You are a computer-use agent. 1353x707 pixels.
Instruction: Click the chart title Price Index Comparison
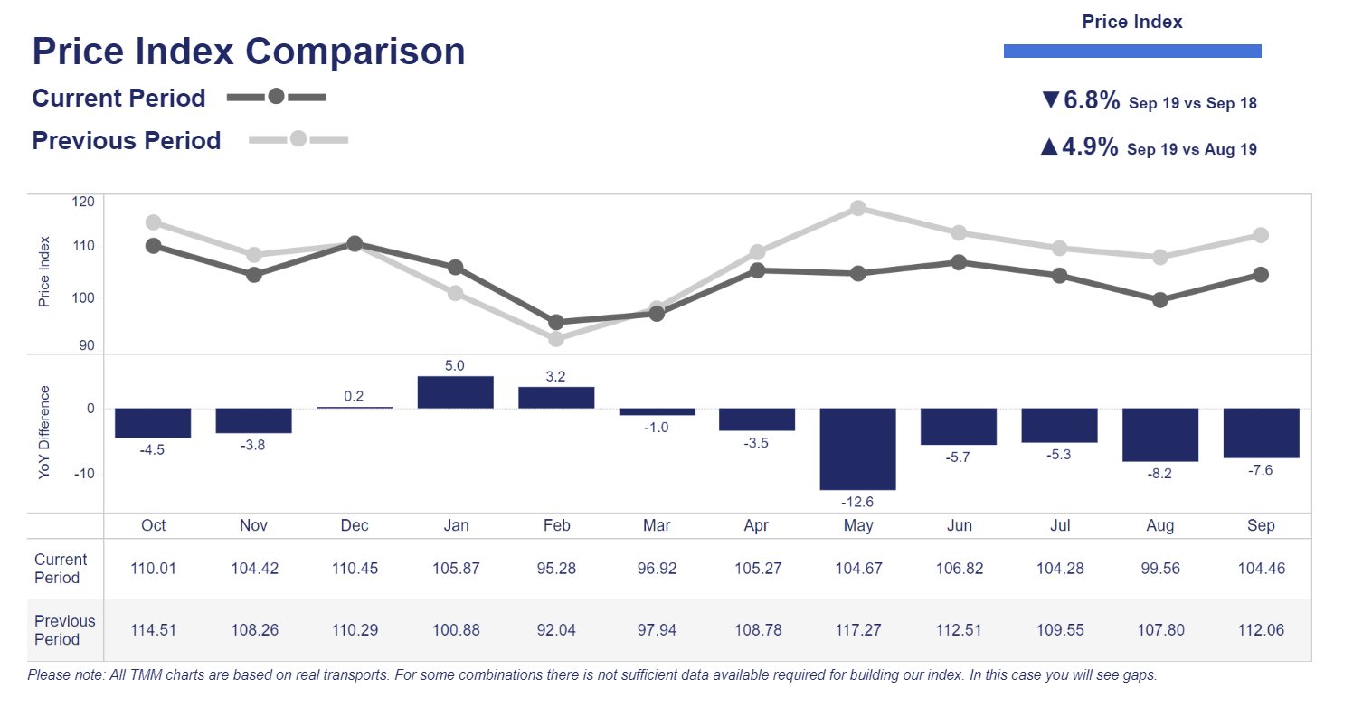249,52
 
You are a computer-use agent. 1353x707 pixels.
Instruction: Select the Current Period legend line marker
276,97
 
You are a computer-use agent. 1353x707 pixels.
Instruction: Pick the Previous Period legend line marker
298,139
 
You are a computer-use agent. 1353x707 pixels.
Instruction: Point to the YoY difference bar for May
857,448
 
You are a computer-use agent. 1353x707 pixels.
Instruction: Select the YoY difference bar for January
455,392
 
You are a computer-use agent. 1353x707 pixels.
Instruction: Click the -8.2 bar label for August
1159,473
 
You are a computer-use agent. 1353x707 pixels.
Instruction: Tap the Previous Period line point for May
858,208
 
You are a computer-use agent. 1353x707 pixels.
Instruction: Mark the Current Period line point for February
556,322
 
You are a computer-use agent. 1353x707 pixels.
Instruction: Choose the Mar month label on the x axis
657,526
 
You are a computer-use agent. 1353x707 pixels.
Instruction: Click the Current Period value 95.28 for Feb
556,569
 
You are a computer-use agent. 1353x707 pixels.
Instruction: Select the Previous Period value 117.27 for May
857,630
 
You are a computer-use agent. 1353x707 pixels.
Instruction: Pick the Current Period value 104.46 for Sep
1261,569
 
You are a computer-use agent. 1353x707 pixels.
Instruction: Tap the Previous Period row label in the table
64,630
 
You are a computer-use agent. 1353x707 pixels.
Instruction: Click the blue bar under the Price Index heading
1132,52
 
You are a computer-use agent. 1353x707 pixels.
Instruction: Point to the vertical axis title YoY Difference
44,432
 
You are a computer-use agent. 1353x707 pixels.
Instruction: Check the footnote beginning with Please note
591,675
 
